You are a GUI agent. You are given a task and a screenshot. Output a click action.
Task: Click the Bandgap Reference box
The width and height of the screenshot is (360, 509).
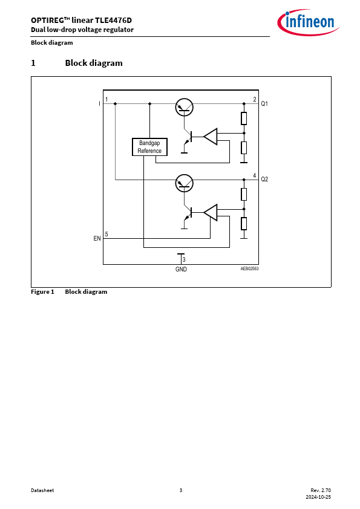(149, 147)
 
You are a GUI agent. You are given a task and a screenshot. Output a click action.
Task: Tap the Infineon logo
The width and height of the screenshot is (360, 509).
(308, 22)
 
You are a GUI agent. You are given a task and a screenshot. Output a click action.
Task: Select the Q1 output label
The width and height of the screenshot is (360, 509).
(264, 103)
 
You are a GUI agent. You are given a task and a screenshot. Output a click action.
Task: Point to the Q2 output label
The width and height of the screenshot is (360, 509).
(264, 179)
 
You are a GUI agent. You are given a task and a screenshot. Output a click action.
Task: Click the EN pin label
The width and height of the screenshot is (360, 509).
(97, 239)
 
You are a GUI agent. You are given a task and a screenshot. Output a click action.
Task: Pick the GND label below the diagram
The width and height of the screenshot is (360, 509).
(181, 269)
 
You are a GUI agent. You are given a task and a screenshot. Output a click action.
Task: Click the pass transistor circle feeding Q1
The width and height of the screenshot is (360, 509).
(184, 108)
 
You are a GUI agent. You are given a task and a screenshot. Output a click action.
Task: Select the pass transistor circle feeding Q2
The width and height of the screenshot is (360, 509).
(184, 183)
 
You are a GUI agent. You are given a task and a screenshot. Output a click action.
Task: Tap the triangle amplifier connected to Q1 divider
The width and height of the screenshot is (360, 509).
(211, 137)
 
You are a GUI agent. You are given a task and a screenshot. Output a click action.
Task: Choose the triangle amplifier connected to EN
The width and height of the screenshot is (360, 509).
(211, 213)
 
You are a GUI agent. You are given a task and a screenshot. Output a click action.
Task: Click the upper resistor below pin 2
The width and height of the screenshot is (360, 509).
(244, 118)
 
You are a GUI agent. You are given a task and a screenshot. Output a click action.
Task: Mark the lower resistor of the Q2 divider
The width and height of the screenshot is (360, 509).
(244, 224)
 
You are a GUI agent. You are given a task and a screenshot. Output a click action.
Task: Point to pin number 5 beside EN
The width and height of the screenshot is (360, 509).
(106, 234)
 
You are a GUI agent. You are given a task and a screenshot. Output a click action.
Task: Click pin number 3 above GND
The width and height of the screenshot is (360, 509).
(184, 259)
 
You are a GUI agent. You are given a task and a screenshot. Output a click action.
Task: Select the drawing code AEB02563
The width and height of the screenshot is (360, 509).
(249, 269)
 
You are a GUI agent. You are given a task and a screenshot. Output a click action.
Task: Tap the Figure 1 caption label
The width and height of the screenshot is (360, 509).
(42, 292)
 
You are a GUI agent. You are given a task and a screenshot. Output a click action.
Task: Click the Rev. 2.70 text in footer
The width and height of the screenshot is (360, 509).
(321, 490)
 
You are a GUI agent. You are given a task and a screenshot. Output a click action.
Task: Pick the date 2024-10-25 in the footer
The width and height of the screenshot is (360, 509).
(318, 497)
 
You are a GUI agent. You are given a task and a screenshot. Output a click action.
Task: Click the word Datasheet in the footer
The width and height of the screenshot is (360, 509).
(42, 490)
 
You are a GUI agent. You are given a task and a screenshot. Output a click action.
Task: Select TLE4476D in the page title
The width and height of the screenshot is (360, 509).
(113, 20)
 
